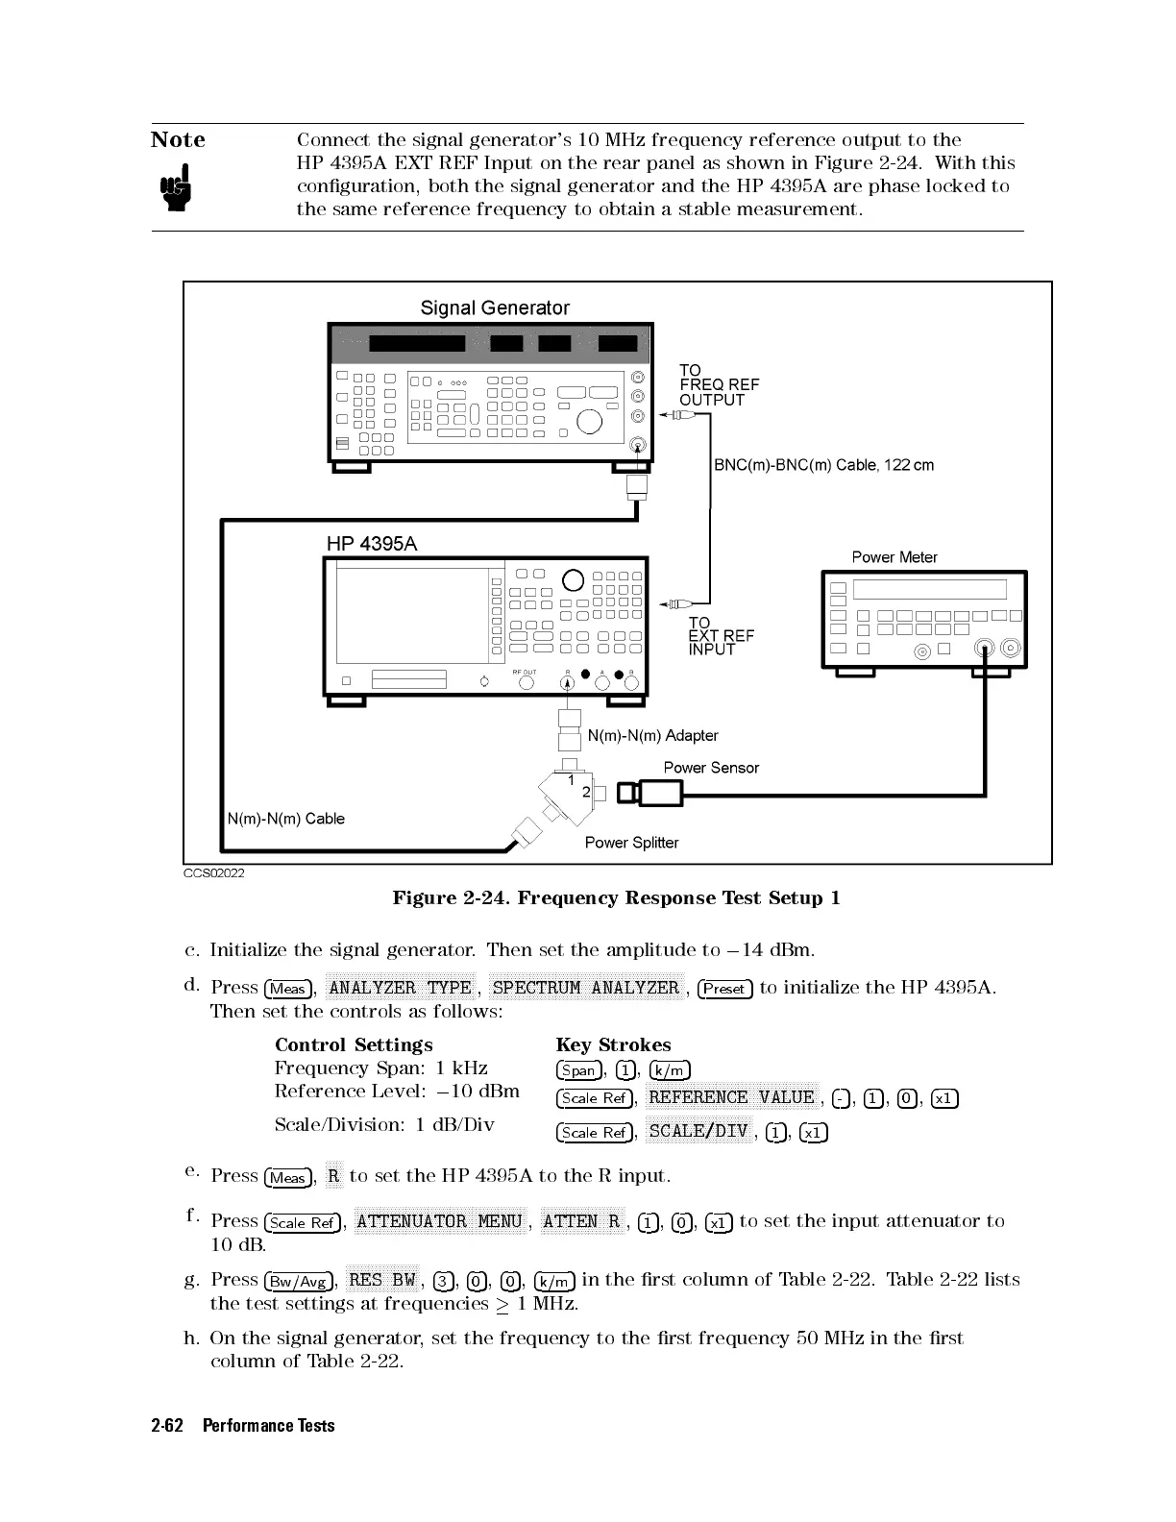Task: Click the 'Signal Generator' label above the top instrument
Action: pos(495,307)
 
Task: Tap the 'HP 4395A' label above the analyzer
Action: pos(372,544)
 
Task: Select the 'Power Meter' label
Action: pos(894,557)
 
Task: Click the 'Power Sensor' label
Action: pos(711,768)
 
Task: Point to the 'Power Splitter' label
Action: pos(631,843)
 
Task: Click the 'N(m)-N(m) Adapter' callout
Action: pos(652,736)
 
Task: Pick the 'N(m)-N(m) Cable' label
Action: pos(285,819)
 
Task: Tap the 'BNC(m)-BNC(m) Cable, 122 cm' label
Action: pos(823,465)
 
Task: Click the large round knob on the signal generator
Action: pos(588,420)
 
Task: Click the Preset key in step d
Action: pos(725,989)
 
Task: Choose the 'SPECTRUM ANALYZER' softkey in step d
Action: pos(585,988)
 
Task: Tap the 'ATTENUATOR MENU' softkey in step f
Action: pos(439,1221)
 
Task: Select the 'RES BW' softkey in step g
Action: pos(381,1279)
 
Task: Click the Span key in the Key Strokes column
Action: pos(579,1070)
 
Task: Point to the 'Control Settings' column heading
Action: pos(354,1044)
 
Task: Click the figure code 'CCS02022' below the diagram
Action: pos(213,873)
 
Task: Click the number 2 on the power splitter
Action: pos(586,792)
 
